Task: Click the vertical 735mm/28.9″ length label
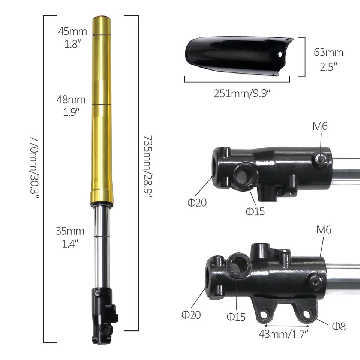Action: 147,167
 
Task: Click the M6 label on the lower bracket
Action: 324,229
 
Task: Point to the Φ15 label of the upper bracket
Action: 255,211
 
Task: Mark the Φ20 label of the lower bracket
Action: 191,314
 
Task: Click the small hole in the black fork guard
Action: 279,54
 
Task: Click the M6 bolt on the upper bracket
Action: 321,159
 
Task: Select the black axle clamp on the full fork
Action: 103,315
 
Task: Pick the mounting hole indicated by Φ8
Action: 307,313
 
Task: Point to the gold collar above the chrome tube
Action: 102,196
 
